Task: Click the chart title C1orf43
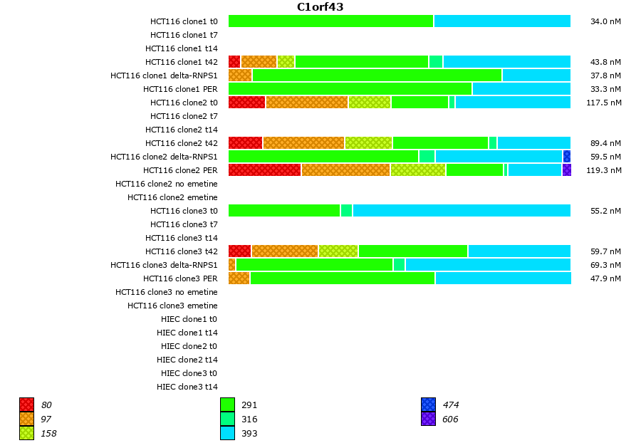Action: (320, 7)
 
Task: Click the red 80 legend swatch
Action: (26, 405)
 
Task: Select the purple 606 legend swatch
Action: (428, 419)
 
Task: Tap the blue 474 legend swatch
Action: (428, 405)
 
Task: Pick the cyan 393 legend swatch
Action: (227, 433)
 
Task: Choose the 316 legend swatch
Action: (227, 419)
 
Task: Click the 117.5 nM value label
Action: (604, 103)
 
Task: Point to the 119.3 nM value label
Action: (604, 170)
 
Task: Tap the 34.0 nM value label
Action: (605, 21)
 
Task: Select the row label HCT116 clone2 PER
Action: (180, 170)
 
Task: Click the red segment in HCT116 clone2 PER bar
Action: (264, 170)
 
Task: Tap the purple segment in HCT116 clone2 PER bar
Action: (567, 170)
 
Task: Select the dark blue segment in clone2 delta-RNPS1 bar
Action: (567, 156)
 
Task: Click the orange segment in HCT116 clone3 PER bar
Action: (239, 278)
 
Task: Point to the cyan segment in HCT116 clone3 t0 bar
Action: (462, 210)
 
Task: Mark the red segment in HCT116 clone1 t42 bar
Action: (234, 62)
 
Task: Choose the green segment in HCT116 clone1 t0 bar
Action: (330, 21)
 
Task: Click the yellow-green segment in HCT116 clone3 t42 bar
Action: (338, 251)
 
